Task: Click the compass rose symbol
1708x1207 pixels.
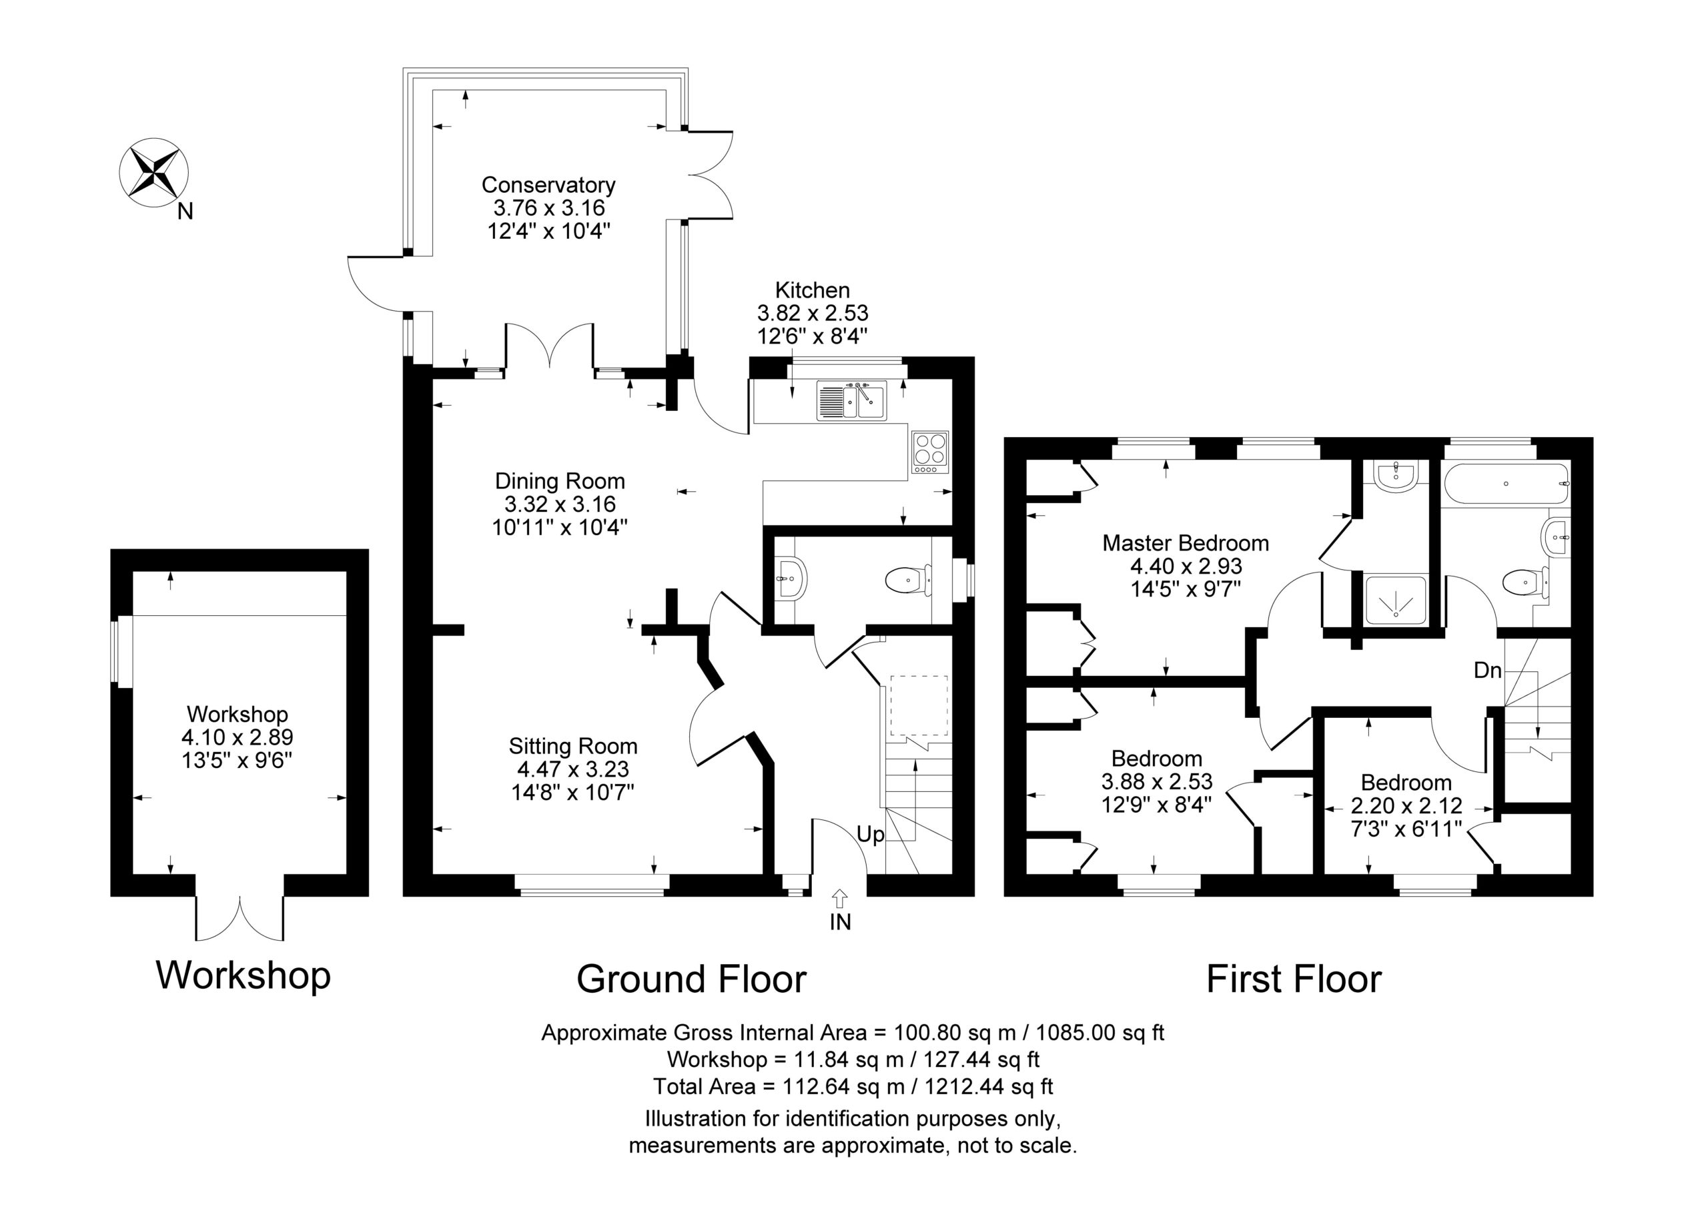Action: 154,173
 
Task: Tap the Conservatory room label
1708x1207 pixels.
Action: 548,185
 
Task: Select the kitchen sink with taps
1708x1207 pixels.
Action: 852,400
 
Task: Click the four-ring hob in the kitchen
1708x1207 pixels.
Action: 930,453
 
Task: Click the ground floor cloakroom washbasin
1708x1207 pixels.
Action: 790,577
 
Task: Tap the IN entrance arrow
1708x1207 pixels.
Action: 840,899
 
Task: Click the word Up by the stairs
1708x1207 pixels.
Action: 871,834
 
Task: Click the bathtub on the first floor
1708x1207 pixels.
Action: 1507,484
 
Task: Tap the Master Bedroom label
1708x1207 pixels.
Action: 1185,543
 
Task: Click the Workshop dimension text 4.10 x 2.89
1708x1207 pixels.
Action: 238,737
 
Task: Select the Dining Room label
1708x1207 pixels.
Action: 560,480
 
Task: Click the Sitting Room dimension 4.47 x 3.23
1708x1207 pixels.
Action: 573,769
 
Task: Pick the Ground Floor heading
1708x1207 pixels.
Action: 691,979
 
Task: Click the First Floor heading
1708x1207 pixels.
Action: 1294,979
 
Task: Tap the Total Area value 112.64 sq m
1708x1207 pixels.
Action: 843,1086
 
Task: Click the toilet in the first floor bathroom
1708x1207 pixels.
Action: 1525,581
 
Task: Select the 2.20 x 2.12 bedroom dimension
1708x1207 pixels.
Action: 1406,805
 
